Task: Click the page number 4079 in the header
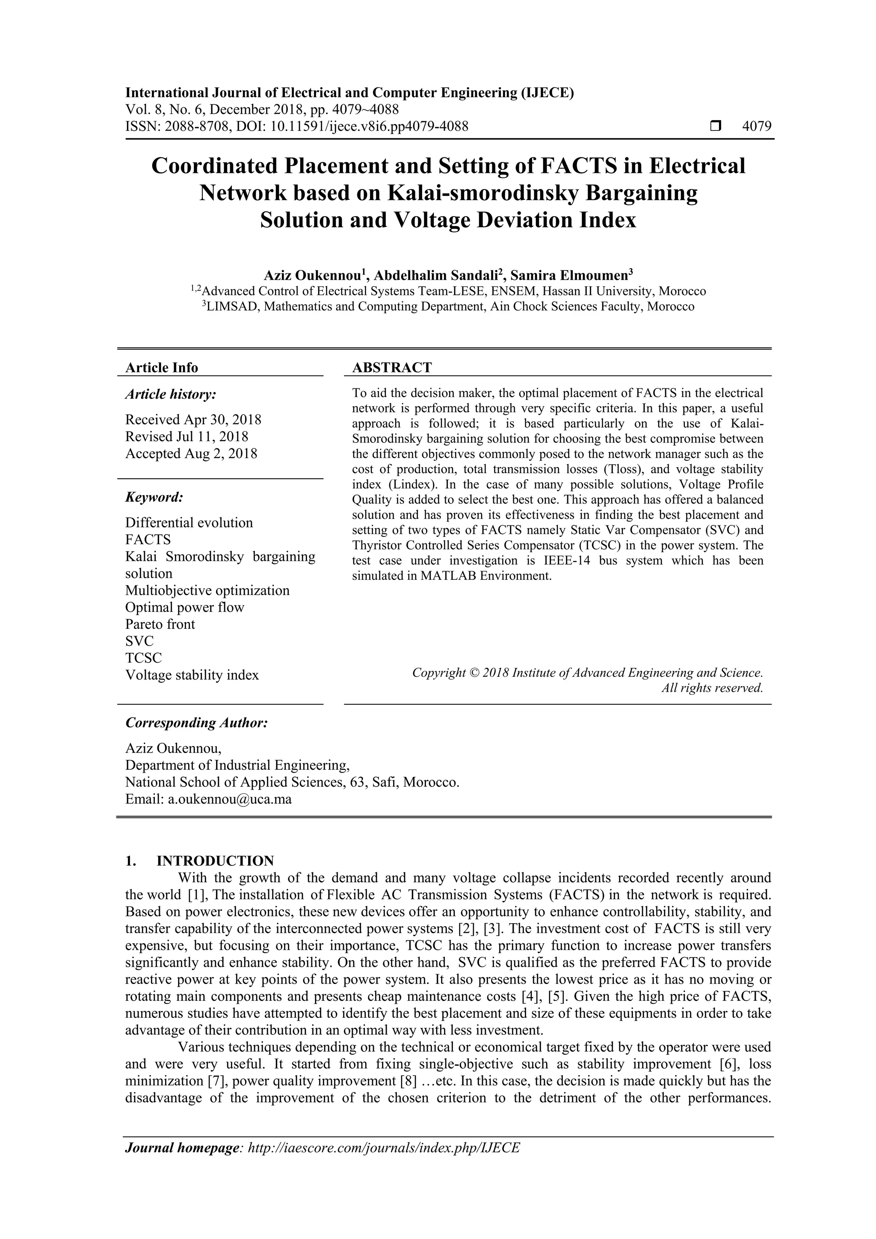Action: (x=757, y=126)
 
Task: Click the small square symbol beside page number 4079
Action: (x=715, y=126)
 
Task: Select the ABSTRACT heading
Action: (x=392, y=368)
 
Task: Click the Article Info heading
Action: (x=161, y=368)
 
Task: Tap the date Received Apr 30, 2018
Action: (x=193, y=419)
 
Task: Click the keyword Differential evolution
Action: (x=189, y=522)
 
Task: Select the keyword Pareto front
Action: (x=160, y=624)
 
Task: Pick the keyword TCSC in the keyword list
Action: (x=143, y=658)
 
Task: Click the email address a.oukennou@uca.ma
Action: (x=230, y=799)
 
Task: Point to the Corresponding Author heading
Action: (x=196, y=723)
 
